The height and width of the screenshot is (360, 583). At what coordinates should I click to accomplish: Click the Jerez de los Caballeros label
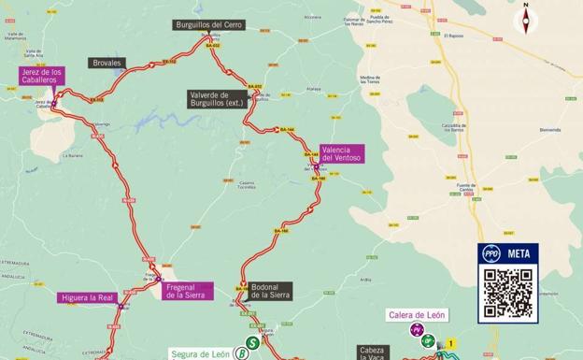tap(43, 77)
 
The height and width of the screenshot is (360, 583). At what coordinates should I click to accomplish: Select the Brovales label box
tap(107, 63)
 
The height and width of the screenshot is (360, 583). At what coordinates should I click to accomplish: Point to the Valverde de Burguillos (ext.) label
tap(216, 98)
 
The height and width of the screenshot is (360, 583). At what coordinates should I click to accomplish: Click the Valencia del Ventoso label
tap(341, 153)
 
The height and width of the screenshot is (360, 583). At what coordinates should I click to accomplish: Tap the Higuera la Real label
tap(86, 298)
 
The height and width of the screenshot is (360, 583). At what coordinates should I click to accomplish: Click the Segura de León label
tap(201, 354)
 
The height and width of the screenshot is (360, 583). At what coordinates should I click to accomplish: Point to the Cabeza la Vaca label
tap(373, 353)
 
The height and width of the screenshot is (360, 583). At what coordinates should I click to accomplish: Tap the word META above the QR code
tap(519, 253)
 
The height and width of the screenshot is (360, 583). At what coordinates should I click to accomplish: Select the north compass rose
tap(527, 18)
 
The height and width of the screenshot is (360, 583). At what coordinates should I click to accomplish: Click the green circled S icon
tap(251, 342)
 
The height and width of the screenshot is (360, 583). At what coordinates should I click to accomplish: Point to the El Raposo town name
tap(455, 36)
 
